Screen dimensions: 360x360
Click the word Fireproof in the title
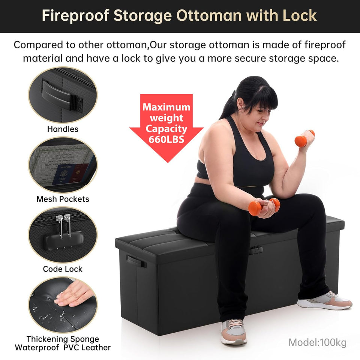[x=74, y=16]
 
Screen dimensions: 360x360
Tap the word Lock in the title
[x=299, y=16]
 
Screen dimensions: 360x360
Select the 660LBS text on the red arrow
[x=166, y=139]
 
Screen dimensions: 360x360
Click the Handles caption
[x=63, y=129]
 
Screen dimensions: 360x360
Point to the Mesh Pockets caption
[x=63, y=199]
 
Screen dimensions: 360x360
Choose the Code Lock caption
[x=63, y=269]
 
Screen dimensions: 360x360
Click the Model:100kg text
[x=317, y=342]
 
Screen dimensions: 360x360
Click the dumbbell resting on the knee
[x=264, y=206]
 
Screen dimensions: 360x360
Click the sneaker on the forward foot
[x=234, y=331]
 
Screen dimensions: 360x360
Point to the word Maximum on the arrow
[x=166, y=107]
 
